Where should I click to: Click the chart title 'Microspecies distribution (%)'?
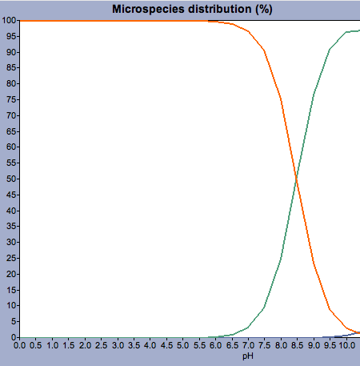(192, 9)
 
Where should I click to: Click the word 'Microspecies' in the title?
(149, 9)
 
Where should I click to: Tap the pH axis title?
(248, 356)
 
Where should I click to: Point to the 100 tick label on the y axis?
(10, 21)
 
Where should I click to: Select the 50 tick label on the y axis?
(12, 179)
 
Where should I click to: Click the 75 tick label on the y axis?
(12, 100)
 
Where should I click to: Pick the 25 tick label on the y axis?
(12, 258)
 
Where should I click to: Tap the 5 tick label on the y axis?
(14, 321)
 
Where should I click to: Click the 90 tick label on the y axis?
(12, 52)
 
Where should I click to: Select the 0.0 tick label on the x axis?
(20, 345)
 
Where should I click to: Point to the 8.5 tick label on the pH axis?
(298, 345)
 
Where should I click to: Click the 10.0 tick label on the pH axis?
(346, 345)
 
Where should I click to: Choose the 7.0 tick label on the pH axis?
(248, 345)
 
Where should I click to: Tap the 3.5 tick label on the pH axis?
(134, 345)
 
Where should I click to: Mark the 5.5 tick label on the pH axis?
(199, 345)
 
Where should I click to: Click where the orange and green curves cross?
(296, 179)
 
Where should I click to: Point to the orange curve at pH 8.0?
(281, 100)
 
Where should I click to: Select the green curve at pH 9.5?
(330, 50)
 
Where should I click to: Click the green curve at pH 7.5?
(265, 307)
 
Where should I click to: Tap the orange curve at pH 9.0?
(314, 263)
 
